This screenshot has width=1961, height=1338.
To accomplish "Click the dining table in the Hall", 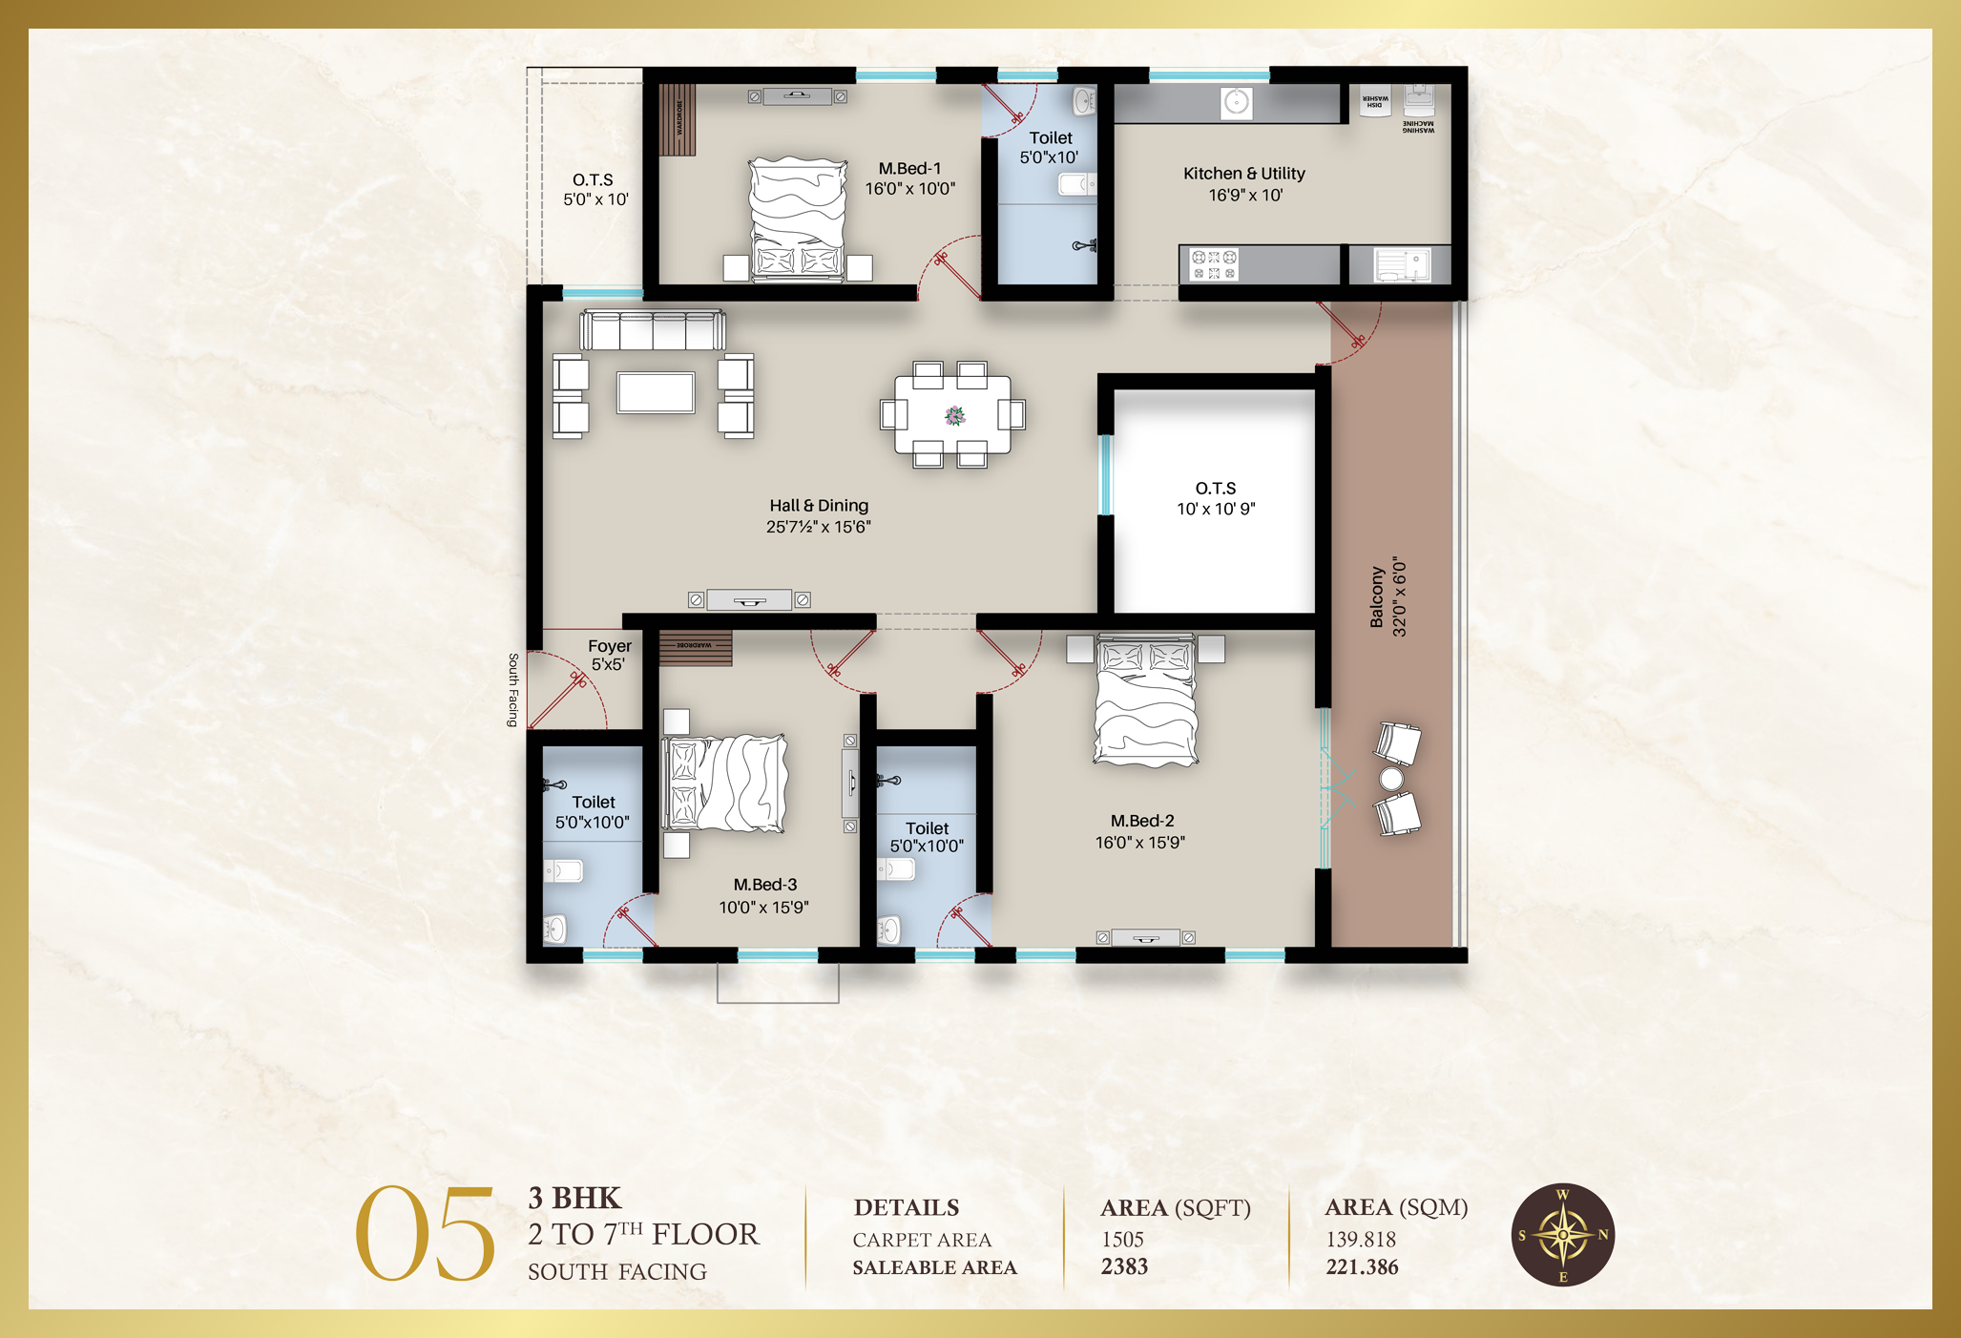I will pos(952,415).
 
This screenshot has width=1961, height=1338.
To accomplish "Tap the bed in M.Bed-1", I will pos(798,220).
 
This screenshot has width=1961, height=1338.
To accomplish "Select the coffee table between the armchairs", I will pos(656,392).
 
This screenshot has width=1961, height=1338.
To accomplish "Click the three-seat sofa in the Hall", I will pos(653,330).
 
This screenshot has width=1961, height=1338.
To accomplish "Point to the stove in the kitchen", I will pos(1214,265).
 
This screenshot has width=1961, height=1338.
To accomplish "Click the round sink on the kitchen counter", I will pos(1237,102).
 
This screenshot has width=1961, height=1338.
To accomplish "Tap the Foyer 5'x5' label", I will pos(609,655).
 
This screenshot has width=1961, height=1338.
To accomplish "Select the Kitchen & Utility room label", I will pos(1244,183).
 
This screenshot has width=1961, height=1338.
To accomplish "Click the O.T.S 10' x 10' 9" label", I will pos(1216,498).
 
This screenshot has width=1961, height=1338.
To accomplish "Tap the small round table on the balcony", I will pos(1391,779).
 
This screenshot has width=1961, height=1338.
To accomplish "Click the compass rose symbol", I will pos(1562,1235).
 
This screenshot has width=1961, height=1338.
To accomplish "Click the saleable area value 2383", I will pos(1124,1266).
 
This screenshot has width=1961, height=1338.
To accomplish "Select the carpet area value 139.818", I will pos(1361,1239).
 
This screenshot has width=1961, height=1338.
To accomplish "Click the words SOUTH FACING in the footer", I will pos(617,1271).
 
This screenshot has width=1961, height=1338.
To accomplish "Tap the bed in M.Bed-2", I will pos(1145,704).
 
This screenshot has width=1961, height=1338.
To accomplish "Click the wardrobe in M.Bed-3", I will pos(696,647).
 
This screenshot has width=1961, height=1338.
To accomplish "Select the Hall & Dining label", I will pos(819,515).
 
